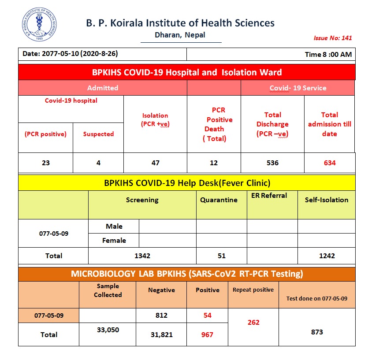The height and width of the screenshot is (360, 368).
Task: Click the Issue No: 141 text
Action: click(x=333, y=38)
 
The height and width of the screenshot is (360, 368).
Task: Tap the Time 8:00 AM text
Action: click(x=328, y=55)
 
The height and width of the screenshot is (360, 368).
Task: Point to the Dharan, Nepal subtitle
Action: click(x=180, y=35)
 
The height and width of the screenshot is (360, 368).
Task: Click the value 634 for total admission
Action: click(x=329, y=163)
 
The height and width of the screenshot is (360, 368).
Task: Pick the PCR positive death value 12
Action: click(x=214, y=163)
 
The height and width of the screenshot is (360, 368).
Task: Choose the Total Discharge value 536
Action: click(x=272, y=163)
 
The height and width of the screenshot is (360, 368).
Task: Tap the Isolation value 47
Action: click(x=155, y=163)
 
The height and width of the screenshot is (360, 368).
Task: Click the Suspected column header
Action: click(x=98, y=134)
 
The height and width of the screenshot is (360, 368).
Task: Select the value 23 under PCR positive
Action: click(x=45, y=163)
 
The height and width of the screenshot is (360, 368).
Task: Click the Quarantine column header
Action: click(x=219, y=200)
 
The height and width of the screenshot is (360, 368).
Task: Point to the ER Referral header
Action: click(x=269, y=196)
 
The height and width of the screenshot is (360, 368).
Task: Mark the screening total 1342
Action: click(x=142, y=256)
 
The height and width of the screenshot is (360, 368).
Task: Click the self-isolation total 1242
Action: click(x=326, y=256)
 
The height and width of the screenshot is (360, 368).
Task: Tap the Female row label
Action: click(x=114, y=241)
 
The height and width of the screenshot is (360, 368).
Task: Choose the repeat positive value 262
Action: click(x=253, y=322)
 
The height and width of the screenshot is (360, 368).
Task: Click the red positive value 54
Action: click(x=207, y=315)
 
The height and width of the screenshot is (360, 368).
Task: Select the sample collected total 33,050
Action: click(x=108, y=330)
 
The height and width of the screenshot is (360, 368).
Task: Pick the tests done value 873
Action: click(x=316, y=332)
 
